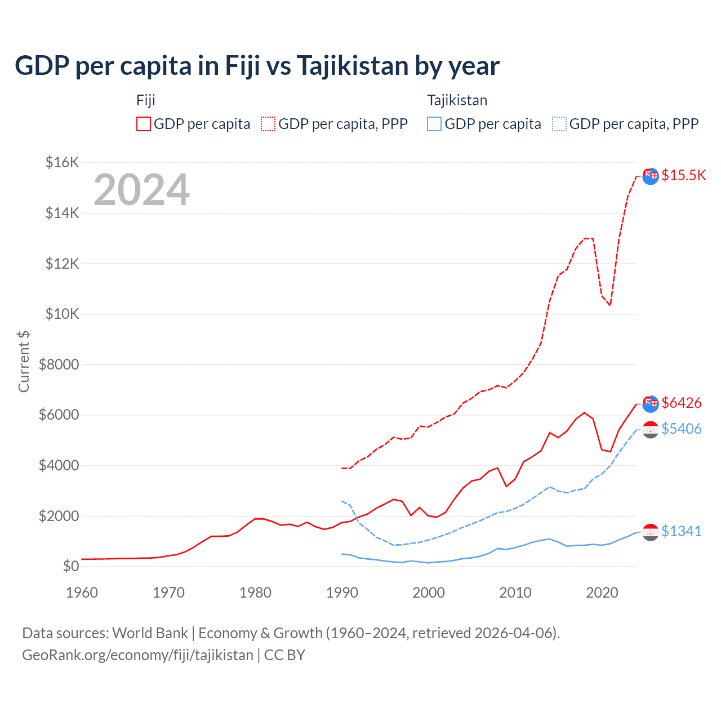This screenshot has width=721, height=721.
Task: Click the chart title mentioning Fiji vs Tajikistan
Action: point(257,66)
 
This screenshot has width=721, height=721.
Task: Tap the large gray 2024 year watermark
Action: point(141,190)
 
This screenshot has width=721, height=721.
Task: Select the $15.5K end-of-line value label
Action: point(683,176)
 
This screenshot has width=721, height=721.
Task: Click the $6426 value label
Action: point(681,403)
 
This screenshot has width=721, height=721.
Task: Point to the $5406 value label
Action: point(681,429)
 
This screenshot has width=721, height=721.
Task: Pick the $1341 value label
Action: point(681,532)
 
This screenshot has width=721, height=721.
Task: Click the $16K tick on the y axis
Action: point(62,163)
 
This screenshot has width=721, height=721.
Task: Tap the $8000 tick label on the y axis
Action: point(59,364)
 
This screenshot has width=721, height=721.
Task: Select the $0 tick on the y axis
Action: point(70,566)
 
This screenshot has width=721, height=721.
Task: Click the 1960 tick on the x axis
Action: point(82,593)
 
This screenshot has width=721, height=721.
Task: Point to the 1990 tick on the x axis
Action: point(342,593)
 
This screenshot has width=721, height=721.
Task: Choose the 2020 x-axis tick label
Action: point(602,593)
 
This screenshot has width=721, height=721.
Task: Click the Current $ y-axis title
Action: point(24,361)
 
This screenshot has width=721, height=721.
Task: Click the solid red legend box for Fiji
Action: point(144,124)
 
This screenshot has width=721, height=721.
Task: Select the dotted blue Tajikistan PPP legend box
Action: point(559,124)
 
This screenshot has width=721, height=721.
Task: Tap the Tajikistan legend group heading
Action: point(457,100)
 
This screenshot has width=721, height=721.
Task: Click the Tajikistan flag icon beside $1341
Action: point(651,532)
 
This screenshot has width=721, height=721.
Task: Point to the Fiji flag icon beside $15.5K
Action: point(651,176)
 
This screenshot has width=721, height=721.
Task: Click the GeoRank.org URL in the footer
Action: point(137,655)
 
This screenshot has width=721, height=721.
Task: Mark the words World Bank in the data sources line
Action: point(150,633)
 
